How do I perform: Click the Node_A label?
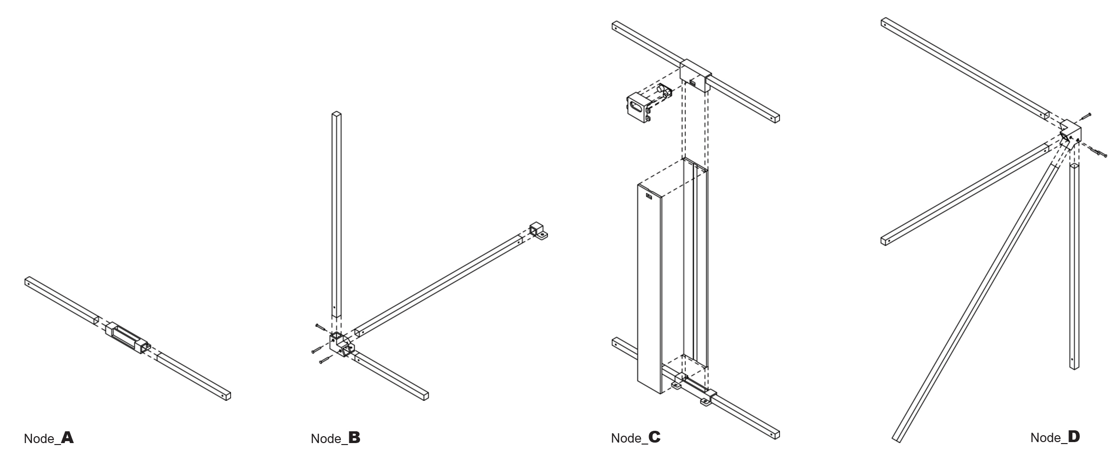pos(49,438)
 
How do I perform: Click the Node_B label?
pos(336,438)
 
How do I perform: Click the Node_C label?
pos(636,438)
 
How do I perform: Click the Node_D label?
pos(1055,437)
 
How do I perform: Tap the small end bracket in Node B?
pos(538,231)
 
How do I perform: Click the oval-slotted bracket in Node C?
pos(638,107)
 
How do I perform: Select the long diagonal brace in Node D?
pos(974,302)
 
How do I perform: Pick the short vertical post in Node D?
pos(1074,267)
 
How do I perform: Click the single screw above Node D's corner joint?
pos(1086,116)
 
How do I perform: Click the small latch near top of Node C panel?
pos(649,197)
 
